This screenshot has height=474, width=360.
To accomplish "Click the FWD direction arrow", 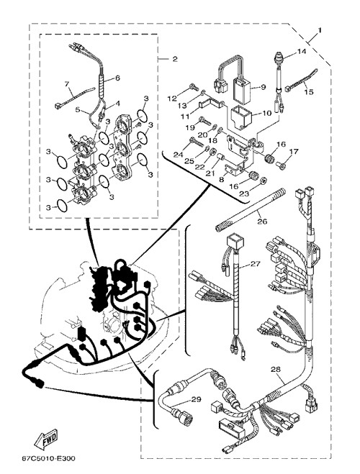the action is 46,439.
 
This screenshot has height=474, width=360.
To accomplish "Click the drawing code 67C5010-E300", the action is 48,459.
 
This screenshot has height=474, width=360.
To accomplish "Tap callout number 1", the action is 320,30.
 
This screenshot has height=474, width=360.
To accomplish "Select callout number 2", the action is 175,59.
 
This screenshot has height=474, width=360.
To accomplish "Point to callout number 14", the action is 301,51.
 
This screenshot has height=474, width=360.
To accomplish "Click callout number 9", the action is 264,87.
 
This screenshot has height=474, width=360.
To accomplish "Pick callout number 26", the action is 262,222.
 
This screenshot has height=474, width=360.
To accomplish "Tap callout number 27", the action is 256,264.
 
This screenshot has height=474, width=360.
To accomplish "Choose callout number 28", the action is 276,369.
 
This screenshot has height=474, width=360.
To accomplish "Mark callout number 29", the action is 197,400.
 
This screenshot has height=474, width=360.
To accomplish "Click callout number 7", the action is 67,83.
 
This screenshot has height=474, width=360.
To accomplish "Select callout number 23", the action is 244,193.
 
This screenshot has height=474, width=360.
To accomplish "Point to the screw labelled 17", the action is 281,165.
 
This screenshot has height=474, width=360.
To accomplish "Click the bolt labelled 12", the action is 194,87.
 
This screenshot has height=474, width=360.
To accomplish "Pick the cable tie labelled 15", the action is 302,80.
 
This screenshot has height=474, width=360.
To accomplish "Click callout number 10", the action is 267,113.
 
